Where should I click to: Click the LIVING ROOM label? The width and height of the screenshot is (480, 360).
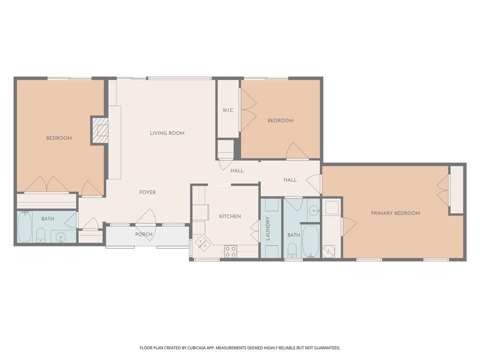tap(167, 133)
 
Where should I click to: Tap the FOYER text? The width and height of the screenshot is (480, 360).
tap(148, 192)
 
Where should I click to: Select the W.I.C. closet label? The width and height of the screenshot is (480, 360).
tap(228, 110)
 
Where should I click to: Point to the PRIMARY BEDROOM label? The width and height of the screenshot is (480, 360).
tap(395, 213)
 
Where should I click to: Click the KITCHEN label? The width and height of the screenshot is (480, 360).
tap(230, 216)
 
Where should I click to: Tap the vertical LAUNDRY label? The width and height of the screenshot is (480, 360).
tap(268, 228)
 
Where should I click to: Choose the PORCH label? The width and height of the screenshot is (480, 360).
tap(144, 234)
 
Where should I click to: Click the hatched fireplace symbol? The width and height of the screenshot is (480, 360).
tap(100, 130)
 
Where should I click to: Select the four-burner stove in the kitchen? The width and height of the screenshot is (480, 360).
tap(230, 252)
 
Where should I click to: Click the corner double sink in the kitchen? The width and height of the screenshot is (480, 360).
tap(202, 243)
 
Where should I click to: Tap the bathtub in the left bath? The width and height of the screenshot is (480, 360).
tap(25, 227)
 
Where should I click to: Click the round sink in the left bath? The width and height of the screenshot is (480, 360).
tap(60, 237)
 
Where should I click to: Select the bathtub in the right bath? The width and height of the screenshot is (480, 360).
tap(310, 241)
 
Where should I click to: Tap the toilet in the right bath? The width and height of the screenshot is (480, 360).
tap(292, 250)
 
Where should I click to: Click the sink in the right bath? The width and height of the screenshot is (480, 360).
tap(314, 211)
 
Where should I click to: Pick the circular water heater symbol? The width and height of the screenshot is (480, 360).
tap(328, 252)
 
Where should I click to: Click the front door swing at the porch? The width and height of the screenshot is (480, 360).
tap(146, 225)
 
